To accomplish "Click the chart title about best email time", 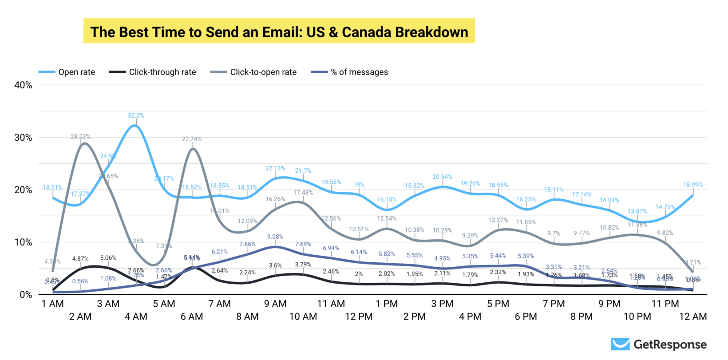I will (x=279, y=32).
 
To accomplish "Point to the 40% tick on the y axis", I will (x=23, y=85).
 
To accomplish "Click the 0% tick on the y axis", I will (x=26, y=294).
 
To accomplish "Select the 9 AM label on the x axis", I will (x=275, y=304).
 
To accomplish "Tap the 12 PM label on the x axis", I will (x=359, y=316).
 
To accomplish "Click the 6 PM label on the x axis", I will (x=526, y=316).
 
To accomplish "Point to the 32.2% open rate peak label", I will (x=136, y=115).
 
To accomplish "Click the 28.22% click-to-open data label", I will (x=80, y=136).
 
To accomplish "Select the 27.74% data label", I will (x=192, y=139).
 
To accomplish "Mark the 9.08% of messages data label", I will (x=275, y=237).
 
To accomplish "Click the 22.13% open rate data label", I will (x=275, y=168).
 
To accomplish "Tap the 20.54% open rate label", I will (x=442, y=177).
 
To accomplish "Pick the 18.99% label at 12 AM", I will (x=693, y=185).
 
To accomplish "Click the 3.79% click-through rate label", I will (x=303, y=265).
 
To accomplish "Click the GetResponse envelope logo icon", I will (x=620, y=344).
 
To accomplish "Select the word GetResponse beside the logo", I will (x=670, y=344).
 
